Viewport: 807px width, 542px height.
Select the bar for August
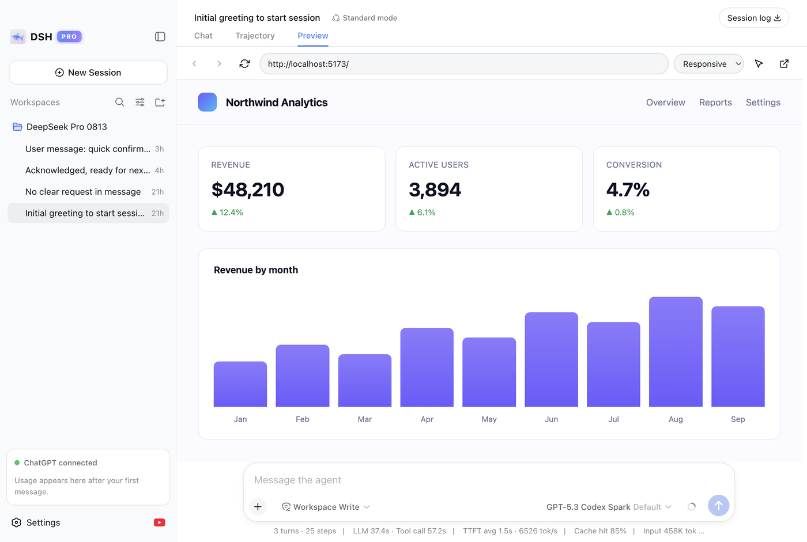point(676,351)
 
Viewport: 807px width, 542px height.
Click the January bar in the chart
point(240,384)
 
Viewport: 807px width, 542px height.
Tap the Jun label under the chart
point(551,419)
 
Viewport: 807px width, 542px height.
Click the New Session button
point(88,73)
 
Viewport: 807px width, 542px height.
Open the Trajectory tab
point(255,36)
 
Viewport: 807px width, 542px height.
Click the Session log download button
point(754,18)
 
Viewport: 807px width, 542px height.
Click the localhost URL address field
point(464,64)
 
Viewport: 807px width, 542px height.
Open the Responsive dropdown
point(708,64)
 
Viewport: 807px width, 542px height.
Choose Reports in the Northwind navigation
point(715,102)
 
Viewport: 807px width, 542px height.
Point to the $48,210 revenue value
point(248,189)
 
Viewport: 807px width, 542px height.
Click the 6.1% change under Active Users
point(422,213)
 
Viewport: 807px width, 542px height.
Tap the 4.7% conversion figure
point(628,189)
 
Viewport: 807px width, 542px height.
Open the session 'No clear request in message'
point(83,192)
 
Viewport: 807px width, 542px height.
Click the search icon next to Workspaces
point(120,102)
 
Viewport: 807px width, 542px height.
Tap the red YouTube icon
point(159,522)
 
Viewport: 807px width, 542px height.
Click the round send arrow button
point(718,506)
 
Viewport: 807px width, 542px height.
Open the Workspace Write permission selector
point(326,507)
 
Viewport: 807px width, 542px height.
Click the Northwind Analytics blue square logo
point(207,102)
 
